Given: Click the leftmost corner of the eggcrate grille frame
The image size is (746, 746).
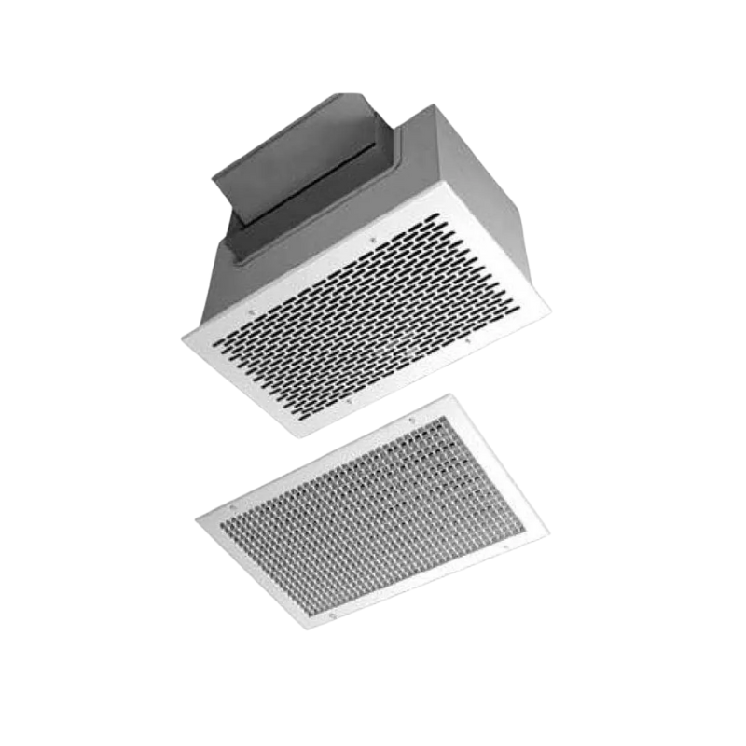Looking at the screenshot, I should pos(197,519).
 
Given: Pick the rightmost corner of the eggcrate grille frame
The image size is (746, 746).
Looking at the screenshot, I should pos(548,534).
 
